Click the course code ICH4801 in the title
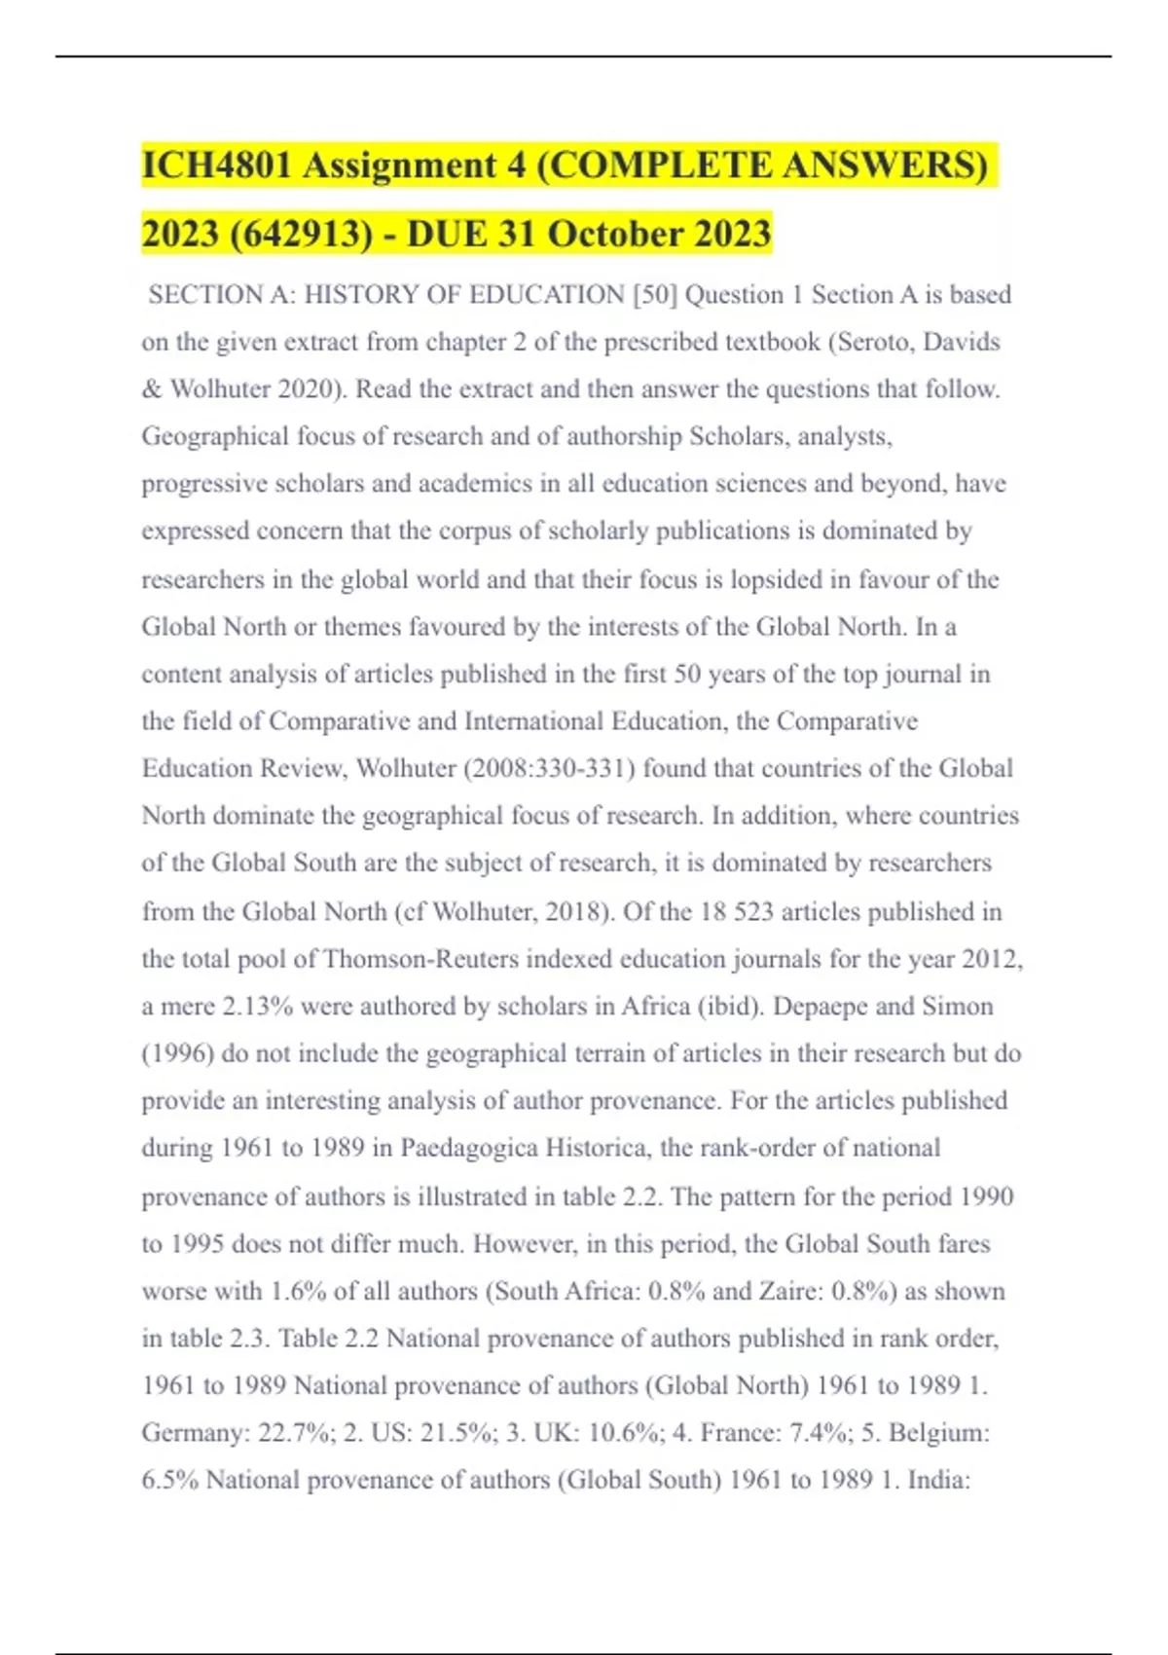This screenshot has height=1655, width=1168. (216, 165)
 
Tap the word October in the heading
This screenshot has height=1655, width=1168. (614, 235)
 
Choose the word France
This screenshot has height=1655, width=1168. (741, 1433)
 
